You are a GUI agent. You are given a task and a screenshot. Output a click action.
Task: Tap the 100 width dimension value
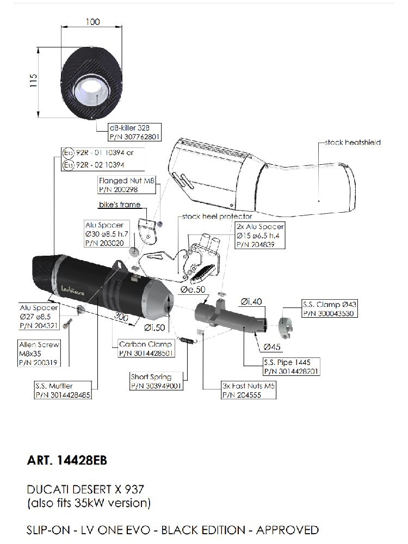[93, 22]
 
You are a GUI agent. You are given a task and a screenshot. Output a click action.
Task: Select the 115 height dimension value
[33, 81]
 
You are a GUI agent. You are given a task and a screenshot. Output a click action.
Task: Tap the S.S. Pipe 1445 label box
[290, 367]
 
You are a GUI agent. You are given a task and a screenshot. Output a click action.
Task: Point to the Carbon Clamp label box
[145, 348]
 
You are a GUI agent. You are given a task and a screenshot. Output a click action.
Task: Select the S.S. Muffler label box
[61, 391]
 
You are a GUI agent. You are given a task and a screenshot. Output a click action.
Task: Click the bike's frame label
[119, 205]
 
